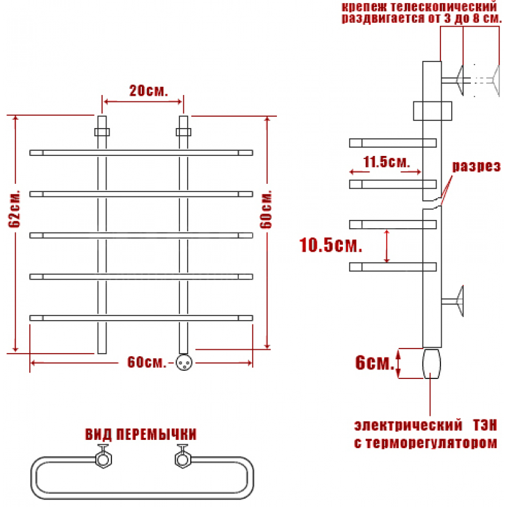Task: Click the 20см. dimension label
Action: point(149,91)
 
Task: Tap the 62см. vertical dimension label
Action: point(15,209)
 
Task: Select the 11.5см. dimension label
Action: point(387,162)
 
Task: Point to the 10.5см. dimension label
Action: point(330,245)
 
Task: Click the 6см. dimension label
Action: point(375,363)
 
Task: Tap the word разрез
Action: point(476,166)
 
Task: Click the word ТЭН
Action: point(485,425)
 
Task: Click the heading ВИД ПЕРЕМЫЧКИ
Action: point(141,434)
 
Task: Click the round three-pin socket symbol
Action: point(184,363)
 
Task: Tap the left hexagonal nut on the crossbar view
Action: point(103,459)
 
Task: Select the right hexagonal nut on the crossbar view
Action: point(183,459)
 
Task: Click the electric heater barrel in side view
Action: point(432,364)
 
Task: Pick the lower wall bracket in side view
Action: point(452,302)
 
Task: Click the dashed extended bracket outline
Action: point(487,80)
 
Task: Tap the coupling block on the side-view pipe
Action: point(433,111)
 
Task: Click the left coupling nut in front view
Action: point(102,132)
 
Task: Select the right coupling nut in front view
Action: point(183,132)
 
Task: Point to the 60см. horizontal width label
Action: point(146,363)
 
